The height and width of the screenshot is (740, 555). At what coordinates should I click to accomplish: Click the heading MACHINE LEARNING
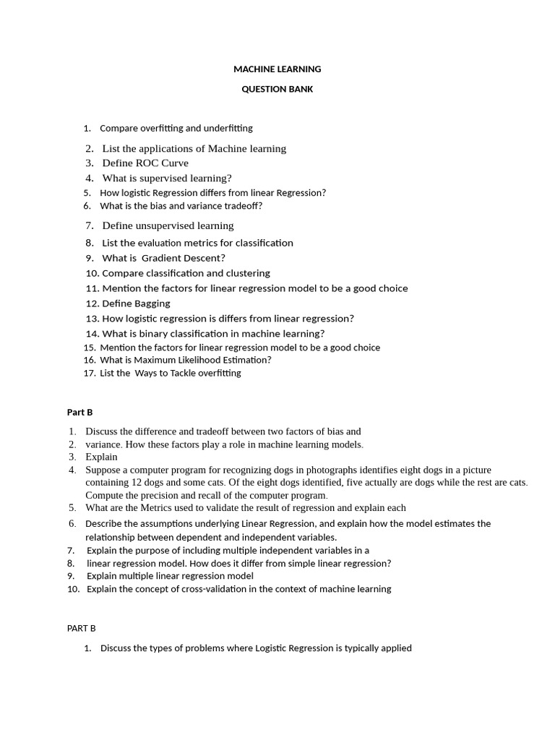coord(277,69)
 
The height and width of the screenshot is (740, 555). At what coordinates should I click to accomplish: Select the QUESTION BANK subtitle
coord(277,90)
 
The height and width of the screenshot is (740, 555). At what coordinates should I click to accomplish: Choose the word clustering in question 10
coord(246,273)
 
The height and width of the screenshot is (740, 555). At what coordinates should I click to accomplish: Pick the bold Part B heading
coord(80,413)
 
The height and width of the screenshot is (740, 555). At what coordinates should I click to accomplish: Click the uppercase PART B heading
coord(82,629)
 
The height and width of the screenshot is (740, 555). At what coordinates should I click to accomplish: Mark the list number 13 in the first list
coord(92,319)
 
